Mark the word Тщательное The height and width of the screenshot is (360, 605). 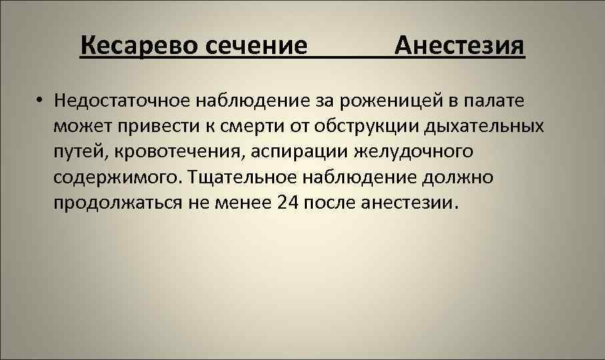coord(245,177)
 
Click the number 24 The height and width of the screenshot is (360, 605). coord(285,202)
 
